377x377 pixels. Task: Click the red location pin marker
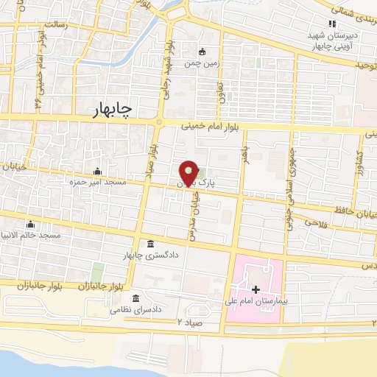(188, 173)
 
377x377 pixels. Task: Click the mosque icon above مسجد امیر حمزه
(97, 171)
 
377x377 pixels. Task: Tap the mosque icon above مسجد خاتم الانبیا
(30, 225)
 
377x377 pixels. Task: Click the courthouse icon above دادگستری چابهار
(151, 244)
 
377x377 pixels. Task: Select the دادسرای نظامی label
(136, 310)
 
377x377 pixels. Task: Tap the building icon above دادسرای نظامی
(135, 299)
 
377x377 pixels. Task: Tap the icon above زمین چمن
(202, 52)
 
